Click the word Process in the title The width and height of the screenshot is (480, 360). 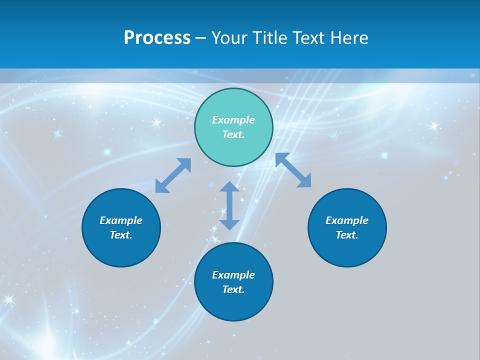point(157,38)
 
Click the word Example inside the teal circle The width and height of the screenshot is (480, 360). point(233,120)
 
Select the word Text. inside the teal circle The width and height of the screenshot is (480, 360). point(233,134)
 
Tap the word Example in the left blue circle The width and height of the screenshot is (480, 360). point(121,220)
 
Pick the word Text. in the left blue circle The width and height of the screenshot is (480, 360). point(121,235)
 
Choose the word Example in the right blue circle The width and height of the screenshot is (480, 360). point(347,220)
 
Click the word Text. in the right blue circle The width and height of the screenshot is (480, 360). point(347,235)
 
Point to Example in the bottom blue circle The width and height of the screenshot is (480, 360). point(233,275)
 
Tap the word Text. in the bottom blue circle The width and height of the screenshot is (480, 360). point(233,289)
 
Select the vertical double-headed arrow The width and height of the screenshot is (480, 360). point(229,205)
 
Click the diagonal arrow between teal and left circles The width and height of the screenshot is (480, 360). point(173,175)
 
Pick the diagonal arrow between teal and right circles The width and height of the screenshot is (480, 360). point(293,170)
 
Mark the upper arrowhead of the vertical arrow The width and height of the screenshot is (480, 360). point(229,187)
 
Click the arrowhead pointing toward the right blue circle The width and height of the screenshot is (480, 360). point(304,181)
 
